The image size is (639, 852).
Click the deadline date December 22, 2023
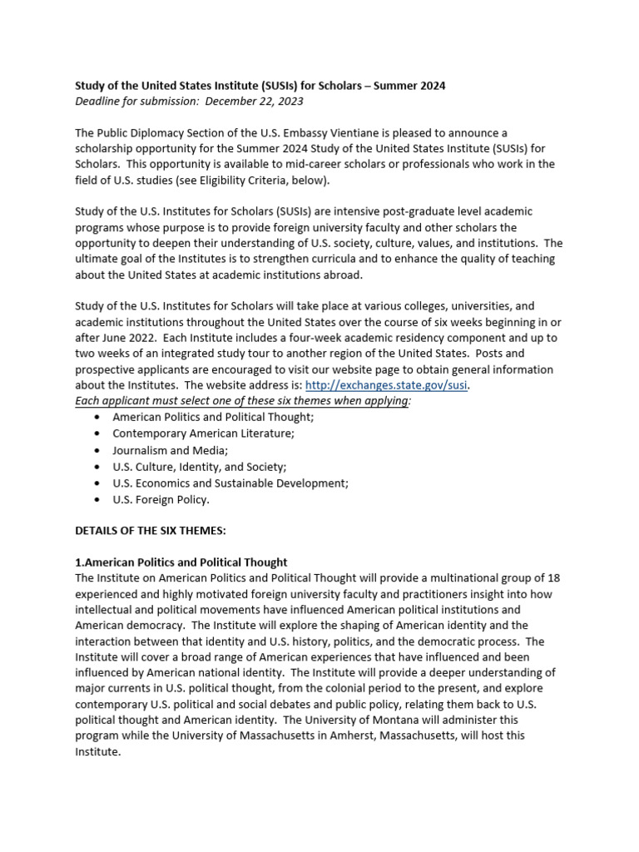tap(254, 102)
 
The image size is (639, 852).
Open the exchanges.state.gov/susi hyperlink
tap(387, 385)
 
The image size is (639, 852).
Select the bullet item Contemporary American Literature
tap(203, 433)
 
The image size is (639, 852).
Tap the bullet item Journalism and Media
tap(170, 450)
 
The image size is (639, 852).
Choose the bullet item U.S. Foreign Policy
tap(161, 499)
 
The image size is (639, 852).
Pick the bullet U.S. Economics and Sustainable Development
tap(230, 483)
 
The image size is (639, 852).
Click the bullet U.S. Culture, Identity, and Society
tap(199, 467)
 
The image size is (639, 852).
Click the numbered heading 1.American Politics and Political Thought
tap(181, 562)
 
